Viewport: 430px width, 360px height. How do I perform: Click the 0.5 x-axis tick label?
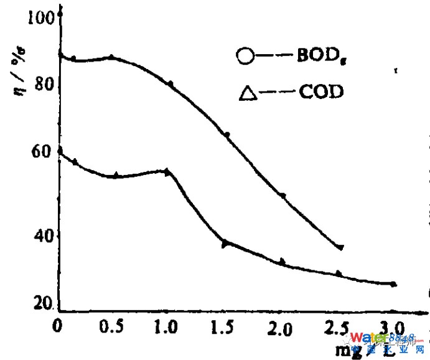click(113, 326)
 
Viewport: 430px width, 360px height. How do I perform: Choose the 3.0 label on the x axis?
click(392, 326)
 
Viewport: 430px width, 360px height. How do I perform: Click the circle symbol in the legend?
click(246, 57)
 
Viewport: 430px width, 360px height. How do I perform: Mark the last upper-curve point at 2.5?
click(340, 247)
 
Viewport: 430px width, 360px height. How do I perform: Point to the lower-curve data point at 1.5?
click(225, 243)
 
